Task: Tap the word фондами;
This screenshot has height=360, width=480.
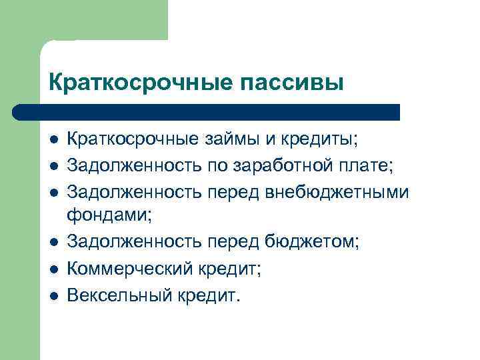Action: (x=109, y=215)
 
